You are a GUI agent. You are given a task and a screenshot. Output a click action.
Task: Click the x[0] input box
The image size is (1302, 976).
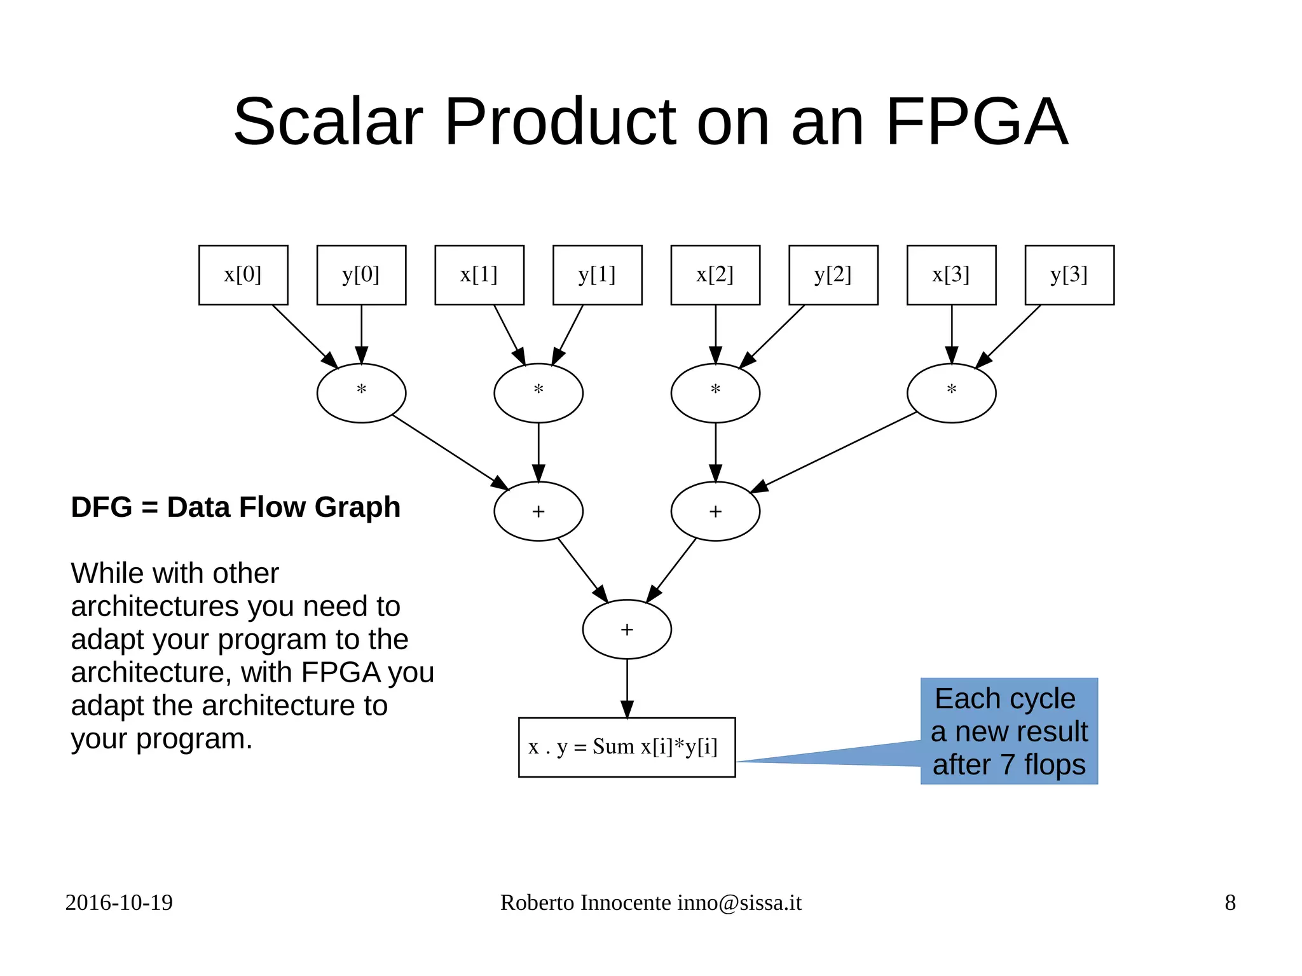point(243,275)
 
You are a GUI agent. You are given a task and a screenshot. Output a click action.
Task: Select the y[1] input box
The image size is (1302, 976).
point(597,275)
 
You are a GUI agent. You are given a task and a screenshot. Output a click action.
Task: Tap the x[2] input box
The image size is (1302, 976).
point(715,275)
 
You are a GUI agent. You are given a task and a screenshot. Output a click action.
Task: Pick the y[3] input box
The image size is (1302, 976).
point(1069,275)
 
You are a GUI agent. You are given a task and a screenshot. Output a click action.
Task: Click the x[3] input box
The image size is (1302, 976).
point(951,275)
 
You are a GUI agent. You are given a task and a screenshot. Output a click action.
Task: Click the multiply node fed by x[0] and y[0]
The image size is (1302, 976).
point(361,393)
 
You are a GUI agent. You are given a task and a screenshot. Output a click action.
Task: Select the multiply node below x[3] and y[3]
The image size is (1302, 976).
point(951,393)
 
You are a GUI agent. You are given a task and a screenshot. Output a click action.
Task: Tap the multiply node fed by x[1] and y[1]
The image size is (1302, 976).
point(538,393)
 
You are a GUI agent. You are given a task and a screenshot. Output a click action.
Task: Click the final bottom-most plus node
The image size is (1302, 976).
point(627,629)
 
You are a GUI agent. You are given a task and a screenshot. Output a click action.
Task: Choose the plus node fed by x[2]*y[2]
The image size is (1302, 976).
point(715,511)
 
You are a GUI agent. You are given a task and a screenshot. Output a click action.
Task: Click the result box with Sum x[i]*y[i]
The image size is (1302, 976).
point(627,747)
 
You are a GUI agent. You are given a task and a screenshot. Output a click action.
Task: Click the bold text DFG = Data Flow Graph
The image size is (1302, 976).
point(235,507)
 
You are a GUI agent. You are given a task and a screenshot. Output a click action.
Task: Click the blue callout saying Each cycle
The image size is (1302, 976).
point(1009,731)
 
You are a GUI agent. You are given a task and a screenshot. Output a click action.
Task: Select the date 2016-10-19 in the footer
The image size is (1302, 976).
point(119,902)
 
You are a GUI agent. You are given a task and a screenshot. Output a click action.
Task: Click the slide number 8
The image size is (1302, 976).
point(1230,902)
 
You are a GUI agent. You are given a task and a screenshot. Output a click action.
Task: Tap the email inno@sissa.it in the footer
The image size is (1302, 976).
point(739,902)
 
